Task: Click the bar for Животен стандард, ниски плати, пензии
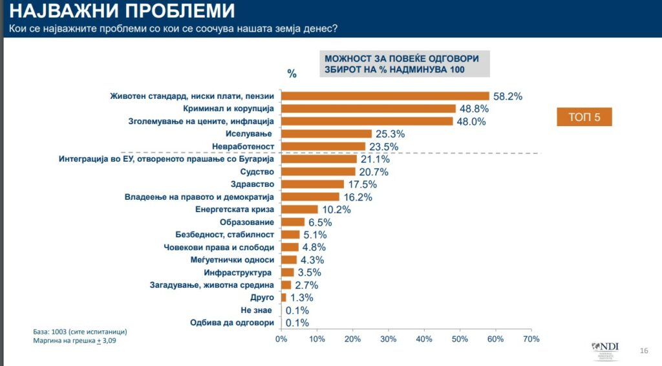pos(385,96)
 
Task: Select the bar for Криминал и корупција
pos(368,109)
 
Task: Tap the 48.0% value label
pos(472,122)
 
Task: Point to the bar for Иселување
pos(326,134)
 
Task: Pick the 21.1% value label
pos(375,159)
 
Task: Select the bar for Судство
pos(318,171)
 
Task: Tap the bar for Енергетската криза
pos(299,210)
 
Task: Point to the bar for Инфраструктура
pos(287,272)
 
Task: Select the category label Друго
pos(262,297)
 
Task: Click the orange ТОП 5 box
pos(584,117)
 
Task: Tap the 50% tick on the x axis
pos(460,339)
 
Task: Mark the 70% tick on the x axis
pos(531,339)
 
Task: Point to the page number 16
pos(643,350)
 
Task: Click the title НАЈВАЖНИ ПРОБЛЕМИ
pos(120,11)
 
